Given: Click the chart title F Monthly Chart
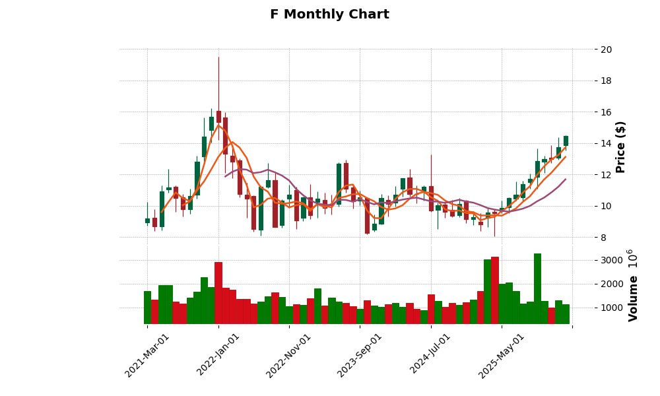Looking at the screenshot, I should point(329,15).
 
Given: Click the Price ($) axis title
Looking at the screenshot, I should point(620,147).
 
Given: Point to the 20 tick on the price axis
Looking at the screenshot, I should point(606,49).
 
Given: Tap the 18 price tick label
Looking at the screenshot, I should point(606,81).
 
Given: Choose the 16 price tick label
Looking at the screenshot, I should point(606,112).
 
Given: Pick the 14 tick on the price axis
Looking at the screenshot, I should point(606,144).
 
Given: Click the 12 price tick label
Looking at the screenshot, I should point(606,175).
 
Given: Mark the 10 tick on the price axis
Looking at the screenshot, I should point(606,206).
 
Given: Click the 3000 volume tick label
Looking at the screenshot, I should point(611,260).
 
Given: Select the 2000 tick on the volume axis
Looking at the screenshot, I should point(611,284).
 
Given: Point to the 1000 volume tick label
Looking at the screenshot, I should point(611,308).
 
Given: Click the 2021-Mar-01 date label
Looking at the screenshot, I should point(147,355).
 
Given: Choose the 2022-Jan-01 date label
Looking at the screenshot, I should point(218,355).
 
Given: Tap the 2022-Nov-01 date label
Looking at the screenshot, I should point(288,355).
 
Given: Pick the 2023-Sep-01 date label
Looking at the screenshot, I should point(360,355).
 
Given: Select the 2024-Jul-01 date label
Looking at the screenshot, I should point(430,355).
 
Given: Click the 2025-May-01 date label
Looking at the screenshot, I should point(502,355).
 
